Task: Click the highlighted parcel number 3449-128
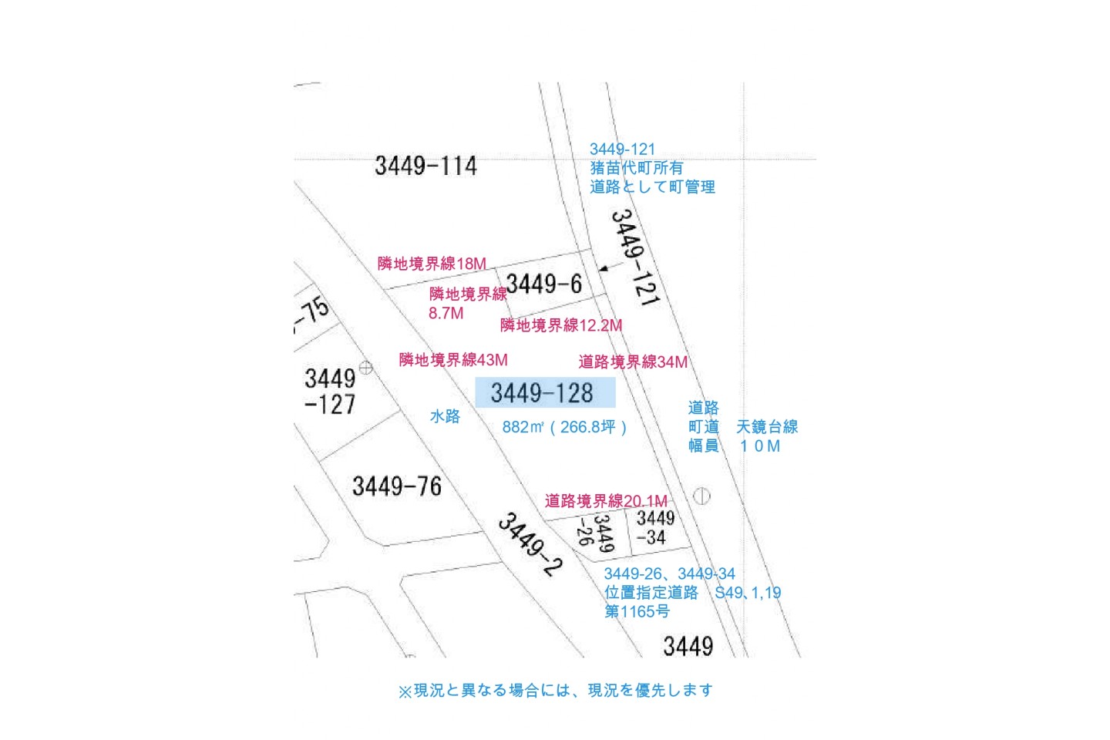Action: (542, 393)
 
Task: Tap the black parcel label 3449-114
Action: (425, 166)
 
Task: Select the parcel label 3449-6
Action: (544, 284)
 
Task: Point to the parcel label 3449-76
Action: (397, 486)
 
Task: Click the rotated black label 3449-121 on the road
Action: (635, 257)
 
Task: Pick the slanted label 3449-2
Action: (530, 545)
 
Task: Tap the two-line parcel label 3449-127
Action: (330, 392)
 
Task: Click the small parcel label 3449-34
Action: (655, 528)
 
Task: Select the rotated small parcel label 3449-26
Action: (596, 533)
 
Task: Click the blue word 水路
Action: (445, 416)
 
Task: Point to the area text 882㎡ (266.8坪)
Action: (564, 427)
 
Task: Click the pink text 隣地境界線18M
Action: (432, 264)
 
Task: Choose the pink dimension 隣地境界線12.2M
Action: (561, 325)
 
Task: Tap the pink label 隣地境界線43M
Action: (453, 360)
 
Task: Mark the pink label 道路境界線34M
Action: (633, 362)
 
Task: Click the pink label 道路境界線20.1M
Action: (606, 500)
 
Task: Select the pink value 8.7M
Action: (446, 313)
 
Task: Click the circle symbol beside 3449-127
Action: (365, 368)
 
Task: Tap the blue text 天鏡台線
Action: (766, 427)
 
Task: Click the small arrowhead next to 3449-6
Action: (603, 269)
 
